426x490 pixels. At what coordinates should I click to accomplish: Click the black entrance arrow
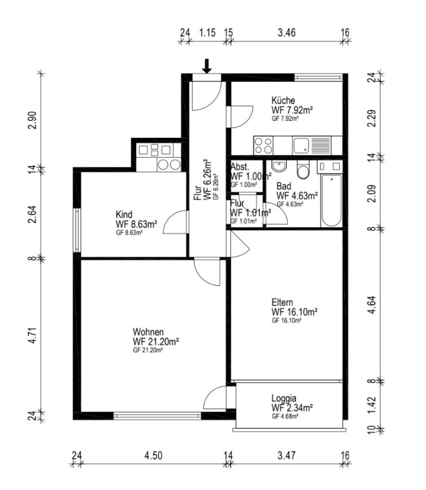pyautogui.click(x=206, y=66)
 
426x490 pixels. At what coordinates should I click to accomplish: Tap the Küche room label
pyautogui.click(x=283, y=101)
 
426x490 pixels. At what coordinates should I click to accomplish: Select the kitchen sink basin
pyautogui.click(x=301, y=145)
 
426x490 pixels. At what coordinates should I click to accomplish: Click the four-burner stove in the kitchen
pyautogui.click(x=263, y=145)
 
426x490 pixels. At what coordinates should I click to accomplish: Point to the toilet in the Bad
pyautogui.click(x=303, y=170)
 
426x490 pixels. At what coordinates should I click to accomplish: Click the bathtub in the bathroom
pyautogui.click(x=331, y=200)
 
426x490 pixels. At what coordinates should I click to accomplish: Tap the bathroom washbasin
pyautogui.click(x=279, y=166)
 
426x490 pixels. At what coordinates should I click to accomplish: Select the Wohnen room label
pyautogui.click(x=148, y=332)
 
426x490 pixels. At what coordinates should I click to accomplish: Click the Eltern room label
pyautogui.click(x=282, y=303)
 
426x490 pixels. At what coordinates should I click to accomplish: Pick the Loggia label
pyautogui.click(x=283, y=399)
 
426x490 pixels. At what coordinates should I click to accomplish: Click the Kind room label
pyautogui.click(x=124, y=215)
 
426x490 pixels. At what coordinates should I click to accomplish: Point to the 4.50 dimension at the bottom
pyautogui.click(x=153, y=455)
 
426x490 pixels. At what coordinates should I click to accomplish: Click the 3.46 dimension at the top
pyautogui.click(x=287, y=33)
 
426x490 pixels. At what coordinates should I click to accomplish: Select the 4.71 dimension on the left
pyautogui.click(x=33, y=335)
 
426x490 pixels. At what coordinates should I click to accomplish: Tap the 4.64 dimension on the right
pyautogui.click(x=372, y=305)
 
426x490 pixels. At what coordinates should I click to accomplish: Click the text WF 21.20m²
pyautogui.click(x=156, y=341)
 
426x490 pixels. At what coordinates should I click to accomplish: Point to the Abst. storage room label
pyautogui.click(x=240, y=167)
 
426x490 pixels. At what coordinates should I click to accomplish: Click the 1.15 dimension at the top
pyautogui.click(x=207, y=33)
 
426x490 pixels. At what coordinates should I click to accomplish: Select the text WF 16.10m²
pyautogui.click(x=294, y=312)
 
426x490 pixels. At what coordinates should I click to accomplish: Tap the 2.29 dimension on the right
pyautogui.click(x=372, y=119)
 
